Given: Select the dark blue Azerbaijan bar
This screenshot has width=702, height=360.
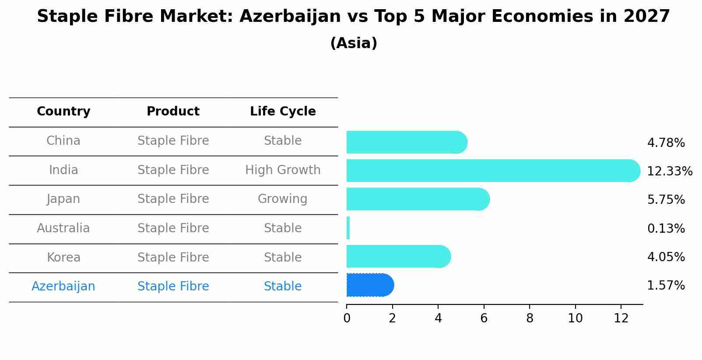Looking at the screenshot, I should point(370,285).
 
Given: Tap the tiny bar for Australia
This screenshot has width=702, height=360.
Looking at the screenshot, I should point(348,228).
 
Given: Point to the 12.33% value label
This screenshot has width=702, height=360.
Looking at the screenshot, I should point(670,171).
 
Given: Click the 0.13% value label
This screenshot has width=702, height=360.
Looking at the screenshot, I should point(666,229).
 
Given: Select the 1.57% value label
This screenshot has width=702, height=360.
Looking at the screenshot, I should point(666,286).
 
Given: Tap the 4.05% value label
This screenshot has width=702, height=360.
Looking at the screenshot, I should point(666,257).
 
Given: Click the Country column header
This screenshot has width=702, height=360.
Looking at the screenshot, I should point(63,112).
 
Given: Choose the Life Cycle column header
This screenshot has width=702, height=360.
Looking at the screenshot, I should point(283,112).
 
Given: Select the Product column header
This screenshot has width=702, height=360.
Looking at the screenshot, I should point(173,112).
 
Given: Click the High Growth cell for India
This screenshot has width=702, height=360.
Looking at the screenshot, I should point(283,170).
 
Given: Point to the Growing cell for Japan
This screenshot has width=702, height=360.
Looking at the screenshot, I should point(282,199).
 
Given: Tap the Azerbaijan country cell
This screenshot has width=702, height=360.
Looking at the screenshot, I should point(63,287).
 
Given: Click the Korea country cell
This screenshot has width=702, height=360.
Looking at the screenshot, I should point(63,258).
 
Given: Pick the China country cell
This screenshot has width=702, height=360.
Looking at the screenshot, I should point(63,141).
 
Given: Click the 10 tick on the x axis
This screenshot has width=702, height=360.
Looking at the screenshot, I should point(575,318).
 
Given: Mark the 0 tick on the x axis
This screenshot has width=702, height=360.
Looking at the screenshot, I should point(347,318).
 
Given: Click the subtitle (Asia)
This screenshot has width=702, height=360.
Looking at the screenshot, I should point(354,43).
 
